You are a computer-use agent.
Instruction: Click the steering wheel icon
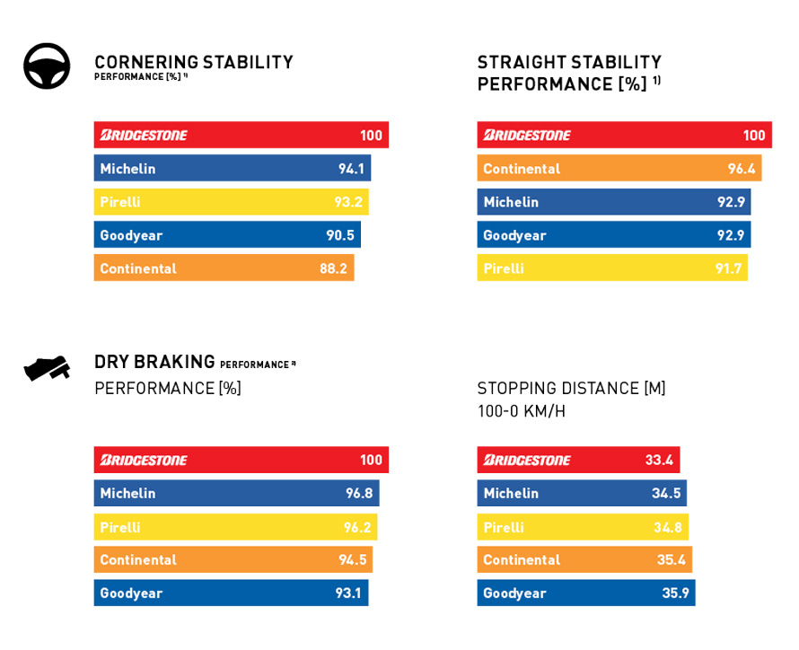(47, 66)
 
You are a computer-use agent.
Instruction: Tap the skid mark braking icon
(47, 367)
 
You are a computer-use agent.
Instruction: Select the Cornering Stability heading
(193, 62)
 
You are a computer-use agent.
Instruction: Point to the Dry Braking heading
(154, 362)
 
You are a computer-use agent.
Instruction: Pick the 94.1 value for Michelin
(351, 169)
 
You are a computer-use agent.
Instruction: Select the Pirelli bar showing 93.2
(231, 202)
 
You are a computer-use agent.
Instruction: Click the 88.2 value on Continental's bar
(333, 268)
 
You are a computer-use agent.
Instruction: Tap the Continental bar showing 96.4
(619, 168)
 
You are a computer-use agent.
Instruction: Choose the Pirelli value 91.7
(728, 268)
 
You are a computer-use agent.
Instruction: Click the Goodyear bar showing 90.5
(227, 235)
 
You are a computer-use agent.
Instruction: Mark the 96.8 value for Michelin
(359, 493)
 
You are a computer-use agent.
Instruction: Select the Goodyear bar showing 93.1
(231, 593)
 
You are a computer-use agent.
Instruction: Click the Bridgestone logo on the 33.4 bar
(527, 460)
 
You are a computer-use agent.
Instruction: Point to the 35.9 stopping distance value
(675, 593)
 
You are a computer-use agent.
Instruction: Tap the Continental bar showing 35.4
(584, 559)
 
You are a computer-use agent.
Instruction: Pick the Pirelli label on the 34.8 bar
(504, 527)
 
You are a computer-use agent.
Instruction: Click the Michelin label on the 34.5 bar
(511, 493)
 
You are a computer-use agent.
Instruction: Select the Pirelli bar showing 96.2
(235, 527)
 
